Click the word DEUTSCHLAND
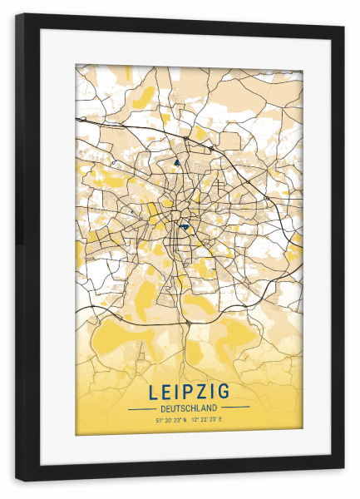pos(189,408)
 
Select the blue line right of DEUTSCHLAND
pos(235,408)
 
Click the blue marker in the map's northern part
pos(176,163)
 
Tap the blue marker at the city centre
pos(184,225)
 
